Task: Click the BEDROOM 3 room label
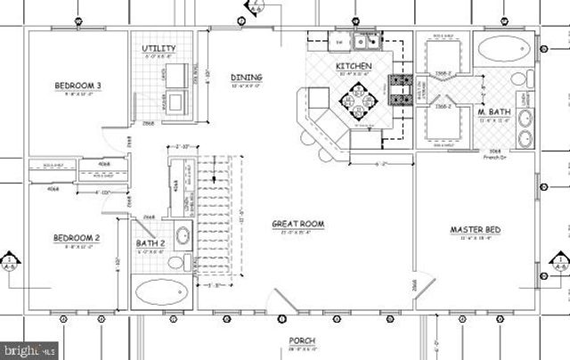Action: (x=77, y=86)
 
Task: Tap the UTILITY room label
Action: (x=159, y=49)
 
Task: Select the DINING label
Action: (x=246, y=78)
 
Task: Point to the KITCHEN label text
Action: (x=353, y=67)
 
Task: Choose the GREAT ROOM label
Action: (x=297, y=225)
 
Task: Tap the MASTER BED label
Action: (x=475, y=230)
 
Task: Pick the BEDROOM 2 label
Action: (x=76, y=238)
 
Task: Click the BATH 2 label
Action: (x=151, y=243)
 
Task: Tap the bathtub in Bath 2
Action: (x=161, y=291)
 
